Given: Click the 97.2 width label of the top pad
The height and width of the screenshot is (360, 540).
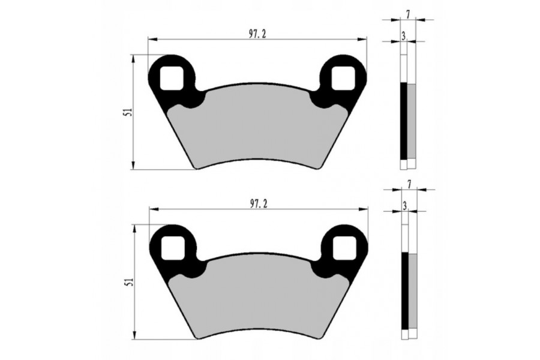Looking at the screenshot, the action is point(257,34).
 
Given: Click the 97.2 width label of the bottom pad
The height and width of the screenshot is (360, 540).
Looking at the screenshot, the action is point(259,204).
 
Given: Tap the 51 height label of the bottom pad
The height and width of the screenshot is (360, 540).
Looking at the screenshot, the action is point(130,282).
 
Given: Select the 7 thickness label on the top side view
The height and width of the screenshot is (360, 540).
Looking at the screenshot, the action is point(408,15).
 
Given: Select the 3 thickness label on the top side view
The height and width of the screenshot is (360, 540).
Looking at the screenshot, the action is point(403,36).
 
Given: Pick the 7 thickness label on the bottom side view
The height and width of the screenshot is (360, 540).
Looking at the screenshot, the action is point(409,184).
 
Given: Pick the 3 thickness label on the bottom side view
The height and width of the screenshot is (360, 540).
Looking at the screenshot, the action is point(404,206).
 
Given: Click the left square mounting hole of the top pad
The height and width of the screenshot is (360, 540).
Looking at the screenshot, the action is point(171,78).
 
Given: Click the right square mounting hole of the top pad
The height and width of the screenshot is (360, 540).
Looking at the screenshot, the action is point(343,78).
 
